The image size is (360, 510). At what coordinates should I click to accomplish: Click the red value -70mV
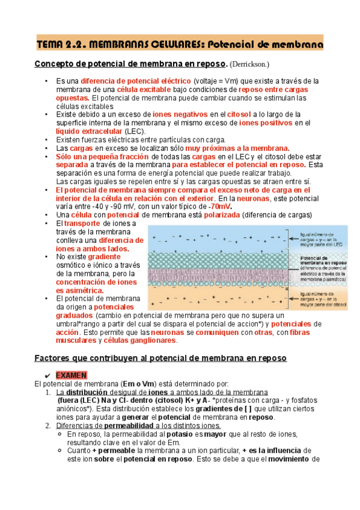[219, 206]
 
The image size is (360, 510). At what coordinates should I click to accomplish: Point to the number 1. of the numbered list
[49, 392]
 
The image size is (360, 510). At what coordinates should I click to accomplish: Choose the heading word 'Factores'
[55, 358]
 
